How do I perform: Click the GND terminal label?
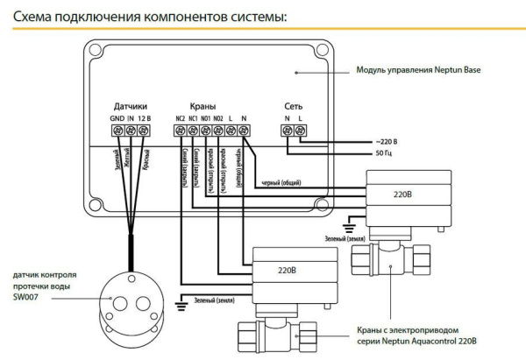[x=117, y=118]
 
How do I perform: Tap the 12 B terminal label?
[x=146, y=118]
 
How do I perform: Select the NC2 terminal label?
[x=180, y=118]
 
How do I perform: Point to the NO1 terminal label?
[x=205, y=118]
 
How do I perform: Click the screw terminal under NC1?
[x=192, y=131]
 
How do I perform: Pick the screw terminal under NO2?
[x=217, y=131]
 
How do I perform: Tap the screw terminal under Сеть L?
[x=300, y=131]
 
